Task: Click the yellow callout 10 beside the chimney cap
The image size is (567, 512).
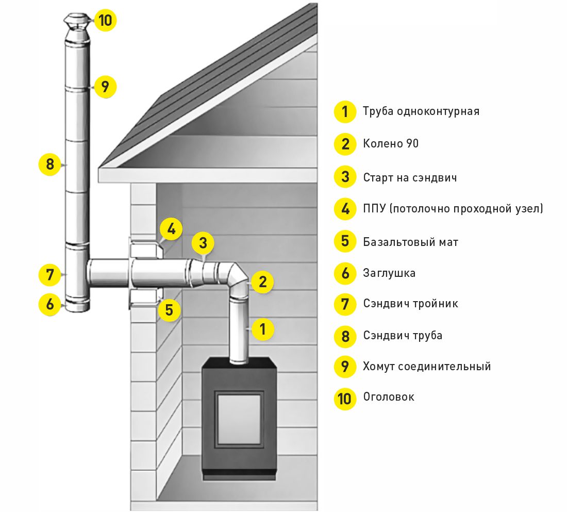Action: pos(105,21)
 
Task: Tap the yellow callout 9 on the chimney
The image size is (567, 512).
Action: pos(105,87)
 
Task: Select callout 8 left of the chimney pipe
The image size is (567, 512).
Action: pos(50,164)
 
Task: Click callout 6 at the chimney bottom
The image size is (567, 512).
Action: pos(50,304)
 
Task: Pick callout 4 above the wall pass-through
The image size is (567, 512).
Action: pos(171,229)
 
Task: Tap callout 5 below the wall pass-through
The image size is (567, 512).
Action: pos(170,310)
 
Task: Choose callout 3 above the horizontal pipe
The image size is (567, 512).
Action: pos(203,242)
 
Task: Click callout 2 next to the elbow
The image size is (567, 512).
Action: pos(262,282)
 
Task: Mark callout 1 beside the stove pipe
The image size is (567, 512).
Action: pos(263,328)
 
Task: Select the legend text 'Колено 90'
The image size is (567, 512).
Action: pos(391,143)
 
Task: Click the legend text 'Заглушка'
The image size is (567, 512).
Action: pos(389,273)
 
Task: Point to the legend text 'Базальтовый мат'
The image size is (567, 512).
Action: pos(410,242)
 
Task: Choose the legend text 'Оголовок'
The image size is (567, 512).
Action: pos(389,397)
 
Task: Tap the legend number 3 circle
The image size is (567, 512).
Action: pos(345,177)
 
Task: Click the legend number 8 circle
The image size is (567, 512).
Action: pos(345,336)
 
